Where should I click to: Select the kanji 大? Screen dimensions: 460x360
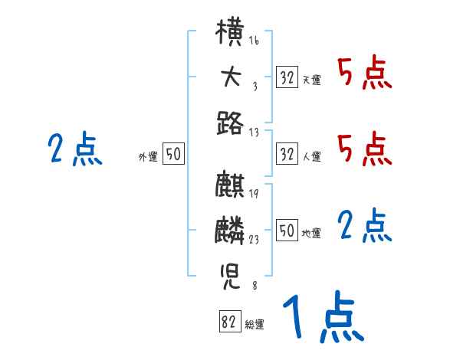tap(230, 77)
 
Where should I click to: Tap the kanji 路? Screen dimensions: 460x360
tap(230, 121)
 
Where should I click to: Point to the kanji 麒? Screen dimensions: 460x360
tap(230, 186)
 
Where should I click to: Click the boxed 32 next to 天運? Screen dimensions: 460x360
tap(287, 77)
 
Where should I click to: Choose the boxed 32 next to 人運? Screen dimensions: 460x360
tap(287, 154)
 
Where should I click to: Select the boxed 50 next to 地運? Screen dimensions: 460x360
tap(287, 230)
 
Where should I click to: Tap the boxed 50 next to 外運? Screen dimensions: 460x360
tap(173, 154)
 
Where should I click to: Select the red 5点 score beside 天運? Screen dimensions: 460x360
tap(364, 74)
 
